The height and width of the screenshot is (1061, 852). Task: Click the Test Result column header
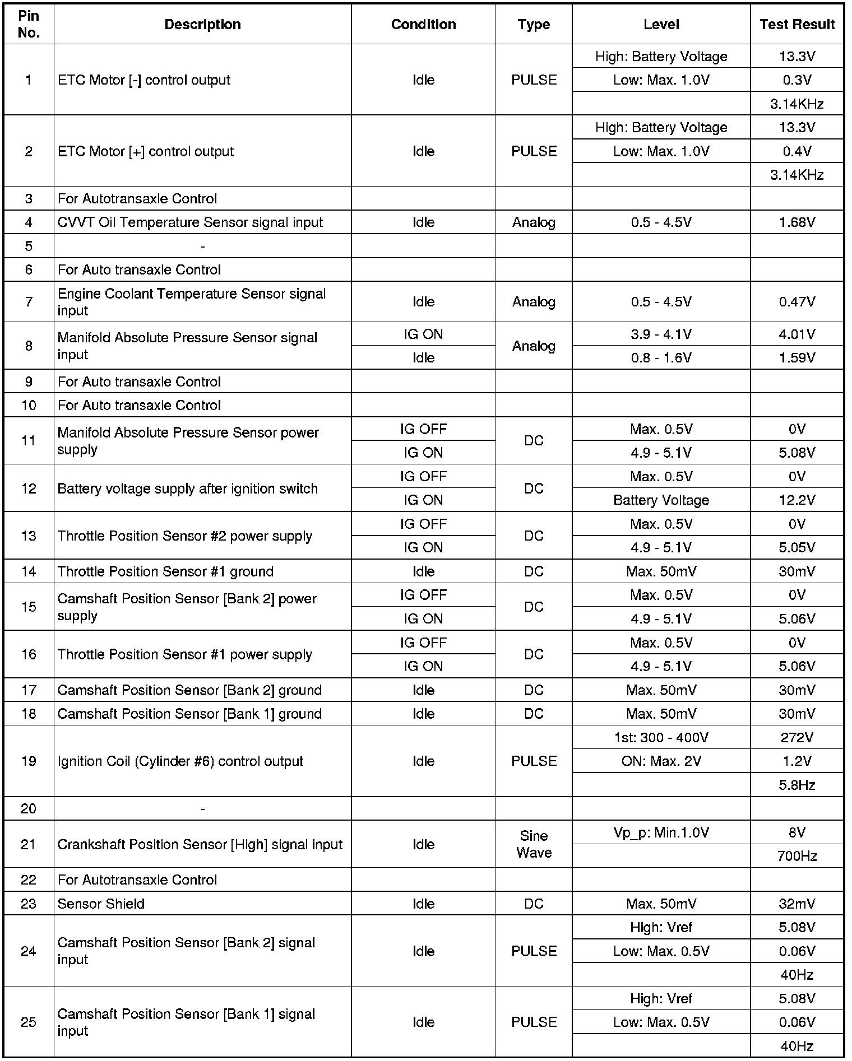797,25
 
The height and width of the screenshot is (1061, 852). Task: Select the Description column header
202,25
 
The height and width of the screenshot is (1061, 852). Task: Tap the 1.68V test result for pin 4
797,222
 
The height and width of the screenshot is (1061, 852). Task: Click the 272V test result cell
797,737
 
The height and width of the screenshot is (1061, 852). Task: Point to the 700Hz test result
797,856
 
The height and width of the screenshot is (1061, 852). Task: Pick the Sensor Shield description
101,904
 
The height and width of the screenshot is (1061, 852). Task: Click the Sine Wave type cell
534,844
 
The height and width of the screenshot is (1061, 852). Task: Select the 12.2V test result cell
797,500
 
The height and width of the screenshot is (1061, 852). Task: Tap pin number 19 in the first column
29,761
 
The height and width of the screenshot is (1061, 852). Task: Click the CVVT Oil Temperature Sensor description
190,222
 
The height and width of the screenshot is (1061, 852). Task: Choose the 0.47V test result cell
797,302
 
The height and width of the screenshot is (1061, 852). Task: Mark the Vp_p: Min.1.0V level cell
661,832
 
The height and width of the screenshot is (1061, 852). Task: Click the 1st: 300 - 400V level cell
661,737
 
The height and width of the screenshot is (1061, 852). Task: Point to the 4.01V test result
797,334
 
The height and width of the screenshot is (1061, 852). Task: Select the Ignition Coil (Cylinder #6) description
180,761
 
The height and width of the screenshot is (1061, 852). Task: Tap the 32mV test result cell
797,904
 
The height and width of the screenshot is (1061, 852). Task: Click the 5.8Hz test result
797,785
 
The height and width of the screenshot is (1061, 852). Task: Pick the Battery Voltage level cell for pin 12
661,500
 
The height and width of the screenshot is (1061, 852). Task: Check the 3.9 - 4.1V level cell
661,334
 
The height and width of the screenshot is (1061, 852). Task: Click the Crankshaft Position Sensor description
200,844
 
